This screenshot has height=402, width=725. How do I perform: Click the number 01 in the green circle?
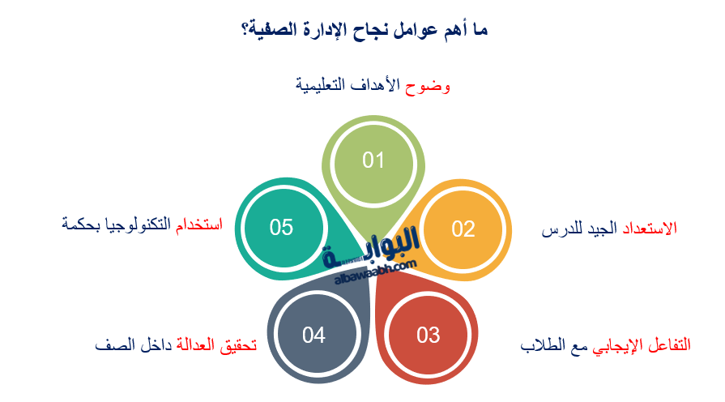pyautogui.click(x=373, y=160)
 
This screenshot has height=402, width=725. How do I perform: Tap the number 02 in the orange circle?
pyautogui.click(x=463, y=229)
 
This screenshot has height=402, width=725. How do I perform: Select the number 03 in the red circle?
pyautogui.click(x=429, y=335)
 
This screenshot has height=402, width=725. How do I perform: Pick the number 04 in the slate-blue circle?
pyautogui.click(x=313, y=335)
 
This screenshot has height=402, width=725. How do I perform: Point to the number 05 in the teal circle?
pyautogui.click(x=281, y=228)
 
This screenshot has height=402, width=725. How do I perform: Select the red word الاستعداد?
pyautogui.click(x=649, y=229)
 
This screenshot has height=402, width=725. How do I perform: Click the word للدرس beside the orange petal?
pyautogui.click(x=560, y=229)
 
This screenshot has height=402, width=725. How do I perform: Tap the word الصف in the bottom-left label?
pyautogui.click(x=110, y=344)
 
